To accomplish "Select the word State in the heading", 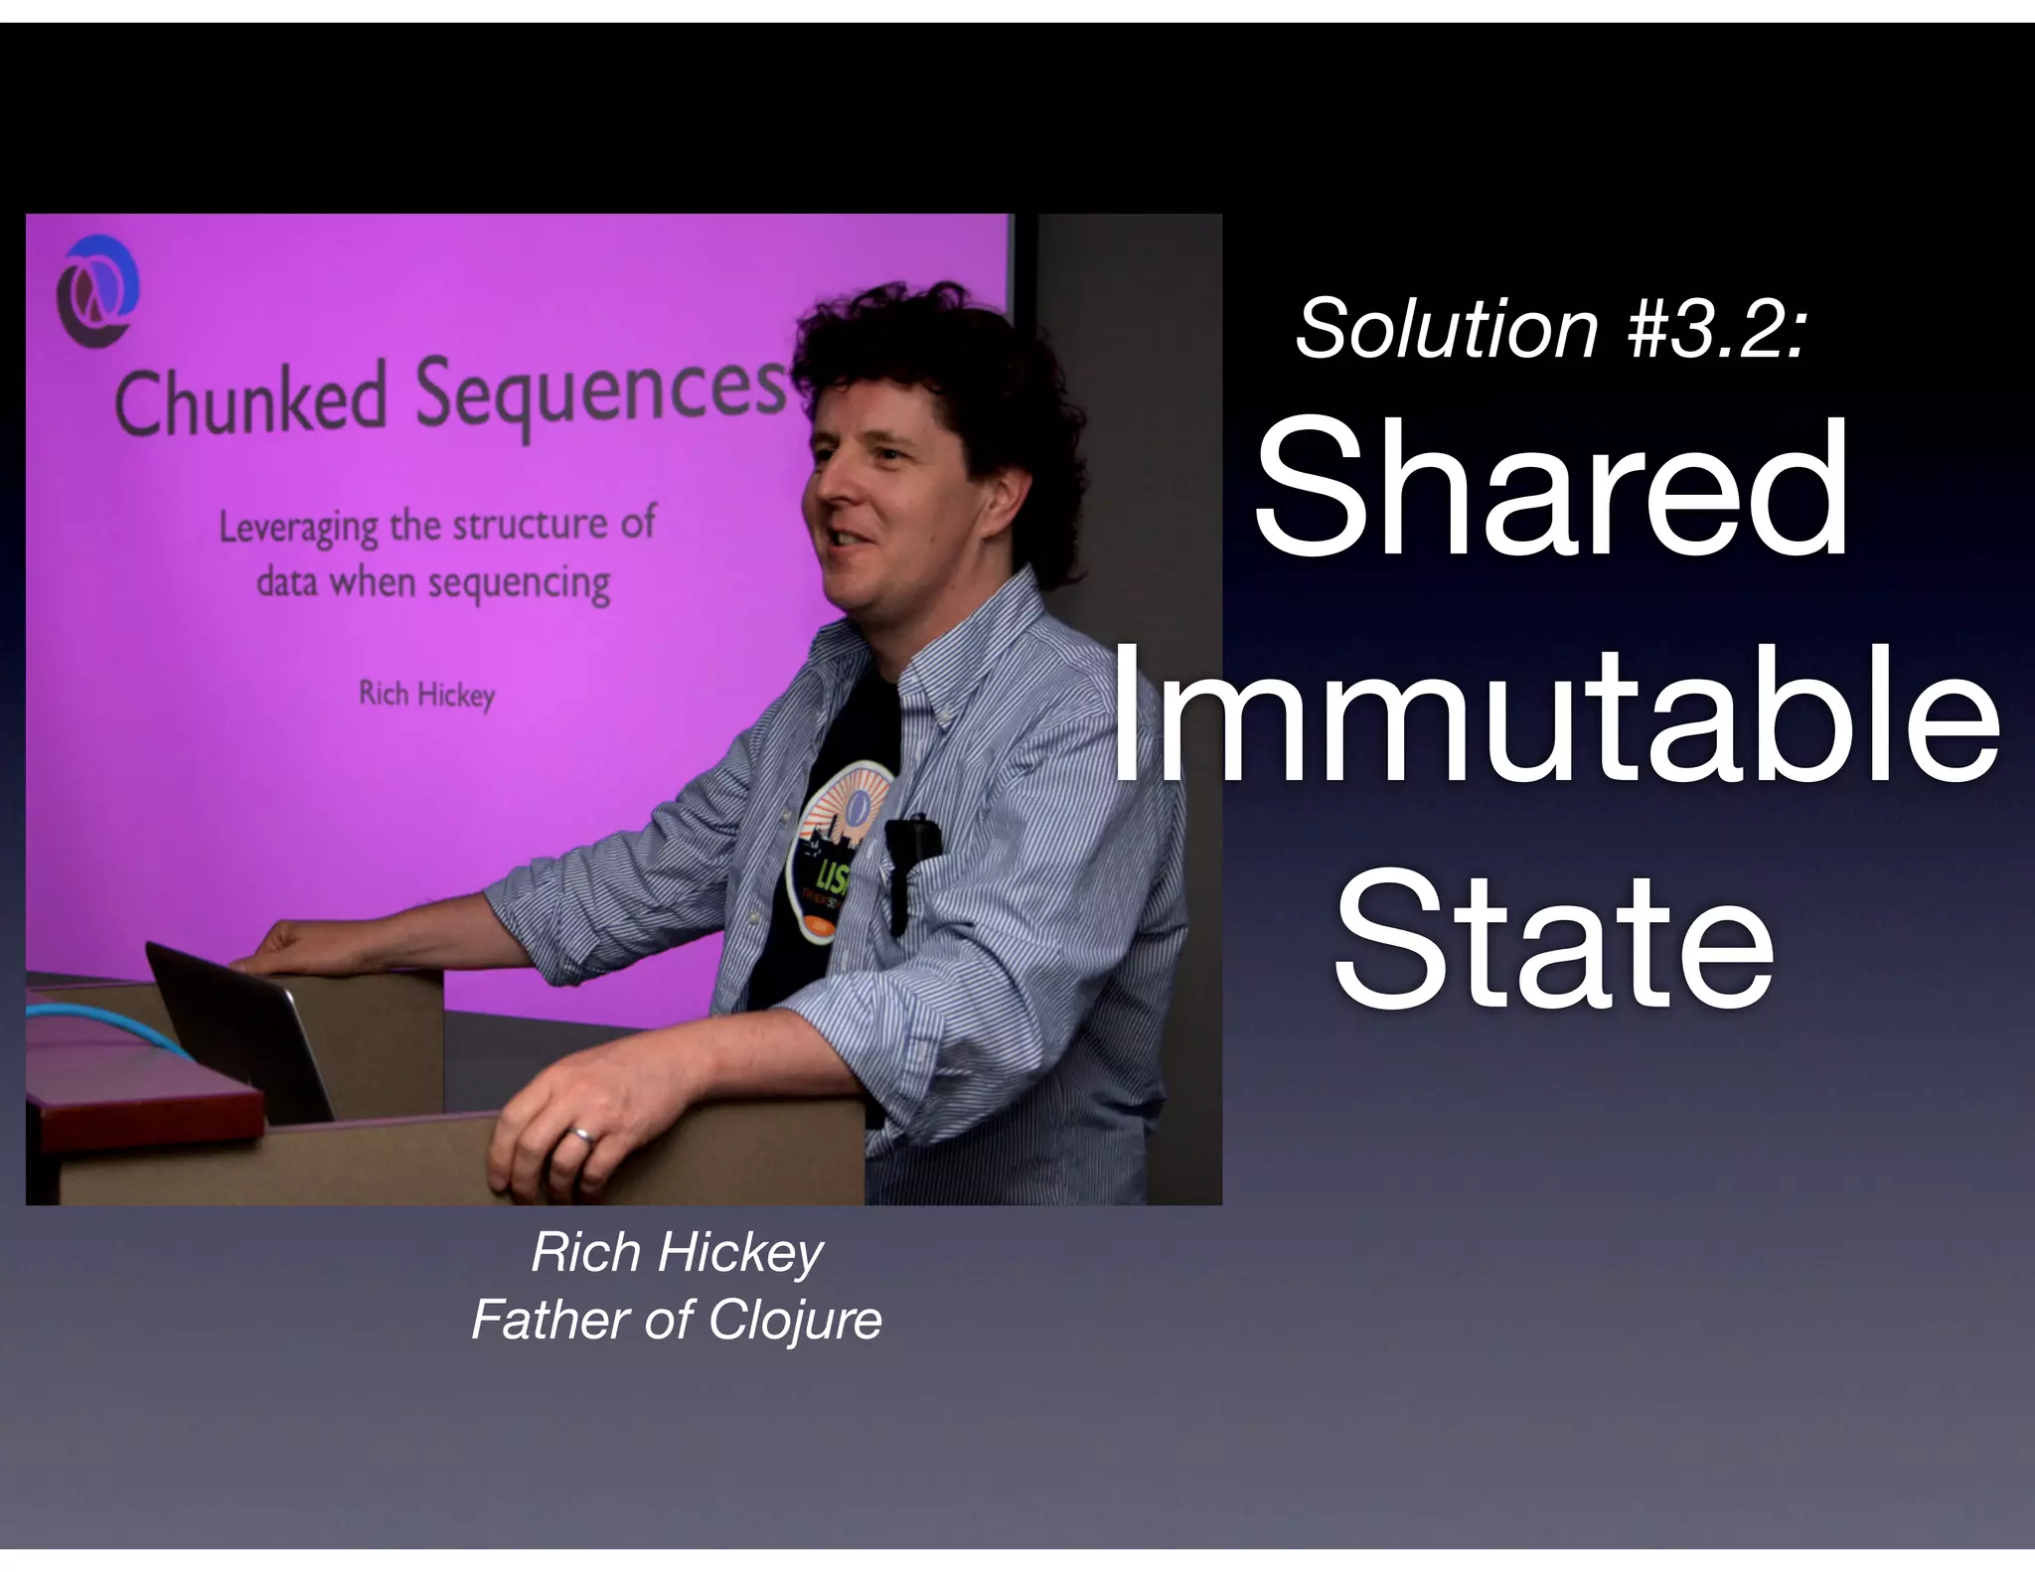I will (x=1552, y=939).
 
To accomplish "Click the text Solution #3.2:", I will (x=1550, y=329).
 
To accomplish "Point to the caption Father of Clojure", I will (x=677, y=1321).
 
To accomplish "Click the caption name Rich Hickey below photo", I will (x=677, y=1252).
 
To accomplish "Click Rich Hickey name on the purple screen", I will (x=426, y=694).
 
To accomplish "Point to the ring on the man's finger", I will (x=583, y=1136).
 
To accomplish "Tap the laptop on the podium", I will (x=238, y=1033).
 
